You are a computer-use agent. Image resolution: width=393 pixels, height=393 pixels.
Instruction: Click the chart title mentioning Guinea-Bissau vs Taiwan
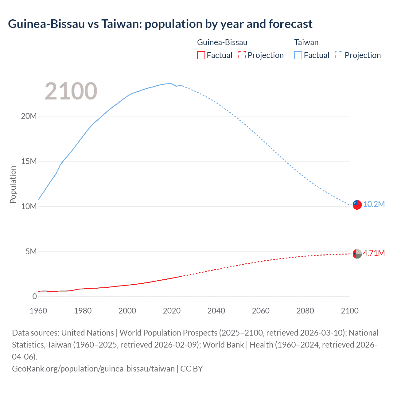click(160, 24)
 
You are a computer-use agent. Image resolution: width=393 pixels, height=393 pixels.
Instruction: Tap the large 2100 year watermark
click(71, 91)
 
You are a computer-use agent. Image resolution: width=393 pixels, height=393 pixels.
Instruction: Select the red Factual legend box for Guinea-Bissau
click(201, 55)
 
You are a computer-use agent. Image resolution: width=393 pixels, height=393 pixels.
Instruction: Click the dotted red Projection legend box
click(242, 55)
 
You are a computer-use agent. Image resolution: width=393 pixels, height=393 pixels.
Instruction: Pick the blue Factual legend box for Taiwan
click(298, 55)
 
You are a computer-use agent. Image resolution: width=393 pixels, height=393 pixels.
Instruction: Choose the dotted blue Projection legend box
click(339, 55)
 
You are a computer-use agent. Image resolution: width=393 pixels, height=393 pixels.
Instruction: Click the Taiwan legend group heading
click(306, 42)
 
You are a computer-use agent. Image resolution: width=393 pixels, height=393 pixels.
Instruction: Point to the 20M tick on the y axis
click(29, 116)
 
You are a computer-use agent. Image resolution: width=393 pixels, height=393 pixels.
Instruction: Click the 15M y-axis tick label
click(29, 161)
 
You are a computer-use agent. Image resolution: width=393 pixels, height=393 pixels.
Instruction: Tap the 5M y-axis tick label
click(31, 251)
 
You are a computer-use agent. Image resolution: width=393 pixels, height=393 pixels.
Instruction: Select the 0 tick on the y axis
click(34, 296)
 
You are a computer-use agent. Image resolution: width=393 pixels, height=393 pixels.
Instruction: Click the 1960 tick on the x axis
click(38, 311)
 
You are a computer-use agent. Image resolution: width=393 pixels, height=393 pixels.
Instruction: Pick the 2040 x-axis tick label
click(216, 311)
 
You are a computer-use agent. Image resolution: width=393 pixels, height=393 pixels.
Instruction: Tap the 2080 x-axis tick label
click(305, 311)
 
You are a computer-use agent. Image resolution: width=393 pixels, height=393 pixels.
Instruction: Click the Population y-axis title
click(13, 185)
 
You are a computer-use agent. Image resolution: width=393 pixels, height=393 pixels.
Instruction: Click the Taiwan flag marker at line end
click(357, 205)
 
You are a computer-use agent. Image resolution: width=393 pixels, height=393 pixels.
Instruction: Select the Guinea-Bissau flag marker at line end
click(357, 254)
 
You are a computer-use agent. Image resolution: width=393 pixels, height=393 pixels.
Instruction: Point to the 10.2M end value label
click(374, 204)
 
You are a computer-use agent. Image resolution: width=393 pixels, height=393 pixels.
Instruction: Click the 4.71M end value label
click(374, 253)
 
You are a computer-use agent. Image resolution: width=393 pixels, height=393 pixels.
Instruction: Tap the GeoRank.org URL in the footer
click(93, 368)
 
